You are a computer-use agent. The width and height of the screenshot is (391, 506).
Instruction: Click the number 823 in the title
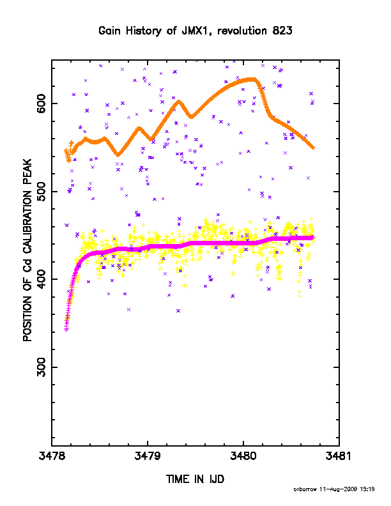pos(282,31)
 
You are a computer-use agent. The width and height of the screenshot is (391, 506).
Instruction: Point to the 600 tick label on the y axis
pos(42,103)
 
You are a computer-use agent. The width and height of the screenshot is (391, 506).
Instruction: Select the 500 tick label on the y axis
pos(42,192)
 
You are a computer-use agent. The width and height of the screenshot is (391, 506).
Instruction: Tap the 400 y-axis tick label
pos(42,279)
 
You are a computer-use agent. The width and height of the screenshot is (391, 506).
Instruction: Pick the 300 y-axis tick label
pos(42,367)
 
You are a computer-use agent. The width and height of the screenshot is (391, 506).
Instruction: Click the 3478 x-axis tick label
pos(52,456)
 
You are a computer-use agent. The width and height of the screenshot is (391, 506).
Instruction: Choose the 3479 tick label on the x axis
pos(148,456)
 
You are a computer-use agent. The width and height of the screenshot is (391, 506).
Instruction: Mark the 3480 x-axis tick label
pos(243,456)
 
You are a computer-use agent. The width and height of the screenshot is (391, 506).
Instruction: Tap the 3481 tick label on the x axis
pos(339,456)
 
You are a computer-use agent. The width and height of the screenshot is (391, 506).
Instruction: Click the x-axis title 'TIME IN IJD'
pos(195,479)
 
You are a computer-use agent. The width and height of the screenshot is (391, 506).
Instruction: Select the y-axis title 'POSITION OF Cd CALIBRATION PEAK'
pos(27,250)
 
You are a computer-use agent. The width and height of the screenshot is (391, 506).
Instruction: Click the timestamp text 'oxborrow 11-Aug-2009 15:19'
pos(334,489)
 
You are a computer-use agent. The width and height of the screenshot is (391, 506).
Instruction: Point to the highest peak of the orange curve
pos(251,79)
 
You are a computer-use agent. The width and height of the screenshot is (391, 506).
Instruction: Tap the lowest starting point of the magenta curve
pos(66,330)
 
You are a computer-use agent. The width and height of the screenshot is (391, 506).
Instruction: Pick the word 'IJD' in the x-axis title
pos(217,479)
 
